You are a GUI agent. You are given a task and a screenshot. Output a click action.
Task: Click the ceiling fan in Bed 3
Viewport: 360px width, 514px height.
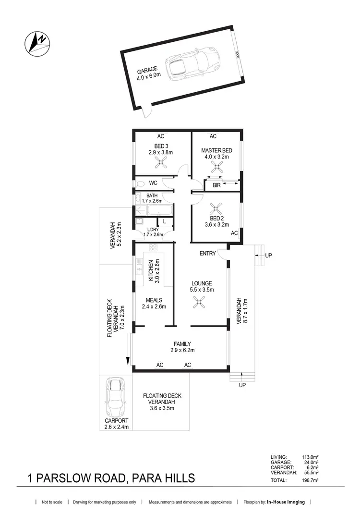click(x=160, y=164)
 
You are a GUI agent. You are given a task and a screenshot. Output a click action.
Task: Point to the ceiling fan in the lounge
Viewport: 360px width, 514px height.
click(x=198, y=302)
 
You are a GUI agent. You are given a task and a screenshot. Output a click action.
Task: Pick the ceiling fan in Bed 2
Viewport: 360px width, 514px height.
click(x=215, y=209)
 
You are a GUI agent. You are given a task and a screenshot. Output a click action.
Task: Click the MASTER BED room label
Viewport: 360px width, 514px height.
click(x=215, y=150)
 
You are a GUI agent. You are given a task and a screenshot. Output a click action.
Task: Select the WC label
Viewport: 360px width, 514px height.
click(x=153, y=183)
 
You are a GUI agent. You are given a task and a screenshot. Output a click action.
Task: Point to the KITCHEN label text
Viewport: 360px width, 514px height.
click(x=151, y=270)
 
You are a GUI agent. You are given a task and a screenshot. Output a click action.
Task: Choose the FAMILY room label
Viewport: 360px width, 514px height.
click(x=182, y=343)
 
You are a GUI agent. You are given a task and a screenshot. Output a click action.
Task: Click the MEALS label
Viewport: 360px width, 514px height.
click(x=154, y=300)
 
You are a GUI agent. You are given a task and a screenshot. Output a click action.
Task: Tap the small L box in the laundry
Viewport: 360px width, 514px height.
click(x=164, y=221)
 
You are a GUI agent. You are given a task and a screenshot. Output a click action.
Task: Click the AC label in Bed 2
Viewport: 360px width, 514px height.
click(x=234, y=233)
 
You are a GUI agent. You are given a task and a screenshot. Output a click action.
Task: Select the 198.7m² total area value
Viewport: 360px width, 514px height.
click(x=307, y=480)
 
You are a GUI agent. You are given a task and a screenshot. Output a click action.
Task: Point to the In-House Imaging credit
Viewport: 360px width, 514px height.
click(x=286, y=502)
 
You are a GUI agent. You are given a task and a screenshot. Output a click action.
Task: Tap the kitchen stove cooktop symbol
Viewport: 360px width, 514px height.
click(x=153, y=248)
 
